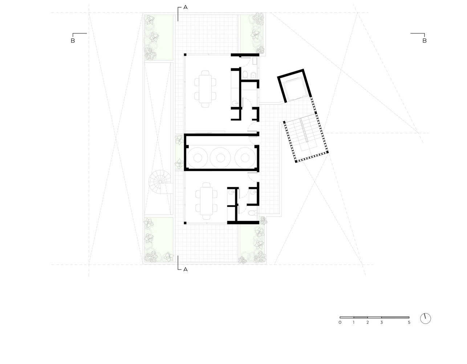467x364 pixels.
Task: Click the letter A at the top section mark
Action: pyautogui.click(x=186, y=7)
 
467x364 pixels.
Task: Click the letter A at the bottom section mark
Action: pyautogui.click(x=186, y=269)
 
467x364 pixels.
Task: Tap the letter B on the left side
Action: pyautogui.click(x=73, y=41)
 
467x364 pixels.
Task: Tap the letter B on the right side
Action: pyautogui.click(x=425, y=41)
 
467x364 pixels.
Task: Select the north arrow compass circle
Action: pyautogui.click(x=426, y=318)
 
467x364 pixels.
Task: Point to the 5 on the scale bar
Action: pyautogui.click(x=409, y=323)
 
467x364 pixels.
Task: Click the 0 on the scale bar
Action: pyautogui.click(x=340, y=323)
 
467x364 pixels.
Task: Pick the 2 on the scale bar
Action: pyautogui.click(x=367, y=323)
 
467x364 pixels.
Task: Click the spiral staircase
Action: pyautogui.click(x=160, y=182)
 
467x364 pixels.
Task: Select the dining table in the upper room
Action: pyautogui.click(x=205, y=89)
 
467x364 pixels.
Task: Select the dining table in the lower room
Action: pyautogui.click(x=206, y=201)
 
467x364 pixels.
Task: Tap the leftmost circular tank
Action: pyautogui.click(x=198, y=158)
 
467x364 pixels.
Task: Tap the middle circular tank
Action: pyautogui.click(x=220, y=158)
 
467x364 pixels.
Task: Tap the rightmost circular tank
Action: pyautogui.click(x=245, y=158)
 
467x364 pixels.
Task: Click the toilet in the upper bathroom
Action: pyautogui.click(x=245, y=75)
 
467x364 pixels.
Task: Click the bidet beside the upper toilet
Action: pyautogui.click(x=253, y=75)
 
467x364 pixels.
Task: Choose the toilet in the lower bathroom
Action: pyautogui.click(x=252, y=213)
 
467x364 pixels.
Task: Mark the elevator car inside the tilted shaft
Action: pyautogui.click(x=295, y=89)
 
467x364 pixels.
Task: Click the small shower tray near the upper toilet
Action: pyautogui.click(x=255, y=61)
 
